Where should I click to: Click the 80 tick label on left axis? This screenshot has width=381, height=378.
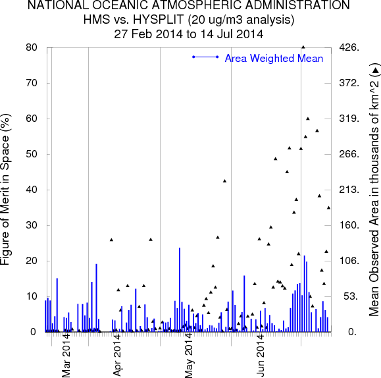click(32, 47)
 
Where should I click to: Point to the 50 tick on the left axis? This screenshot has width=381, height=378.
click(32, 154)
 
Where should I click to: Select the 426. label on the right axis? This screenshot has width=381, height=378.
click(349, 47)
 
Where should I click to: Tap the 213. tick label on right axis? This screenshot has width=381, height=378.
click(349, 190)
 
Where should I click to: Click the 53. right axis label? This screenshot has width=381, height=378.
click(351, 296)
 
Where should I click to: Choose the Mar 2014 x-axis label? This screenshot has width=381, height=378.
click(66, 356)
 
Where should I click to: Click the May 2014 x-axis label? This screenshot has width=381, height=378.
click(189, 356)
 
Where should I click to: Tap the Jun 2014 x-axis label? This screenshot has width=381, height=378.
click(260, 356)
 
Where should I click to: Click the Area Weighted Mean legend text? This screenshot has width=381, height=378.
click(274, 59)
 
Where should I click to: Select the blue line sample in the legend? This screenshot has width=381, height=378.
click(205, 57)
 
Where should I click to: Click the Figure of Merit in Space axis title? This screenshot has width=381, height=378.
click(5, 190)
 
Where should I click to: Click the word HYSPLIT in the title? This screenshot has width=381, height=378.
click(158, 20)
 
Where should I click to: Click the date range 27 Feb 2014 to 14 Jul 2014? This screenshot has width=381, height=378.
click(189, 34)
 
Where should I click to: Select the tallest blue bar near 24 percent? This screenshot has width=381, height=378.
click(180, 290)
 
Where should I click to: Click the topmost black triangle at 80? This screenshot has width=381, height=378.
click(303, 47)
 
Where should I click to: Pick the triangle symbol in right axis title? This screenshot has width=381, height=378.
click(376, 70)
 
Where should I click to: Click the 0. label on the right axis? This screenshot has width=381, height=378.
click(352, 332)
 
